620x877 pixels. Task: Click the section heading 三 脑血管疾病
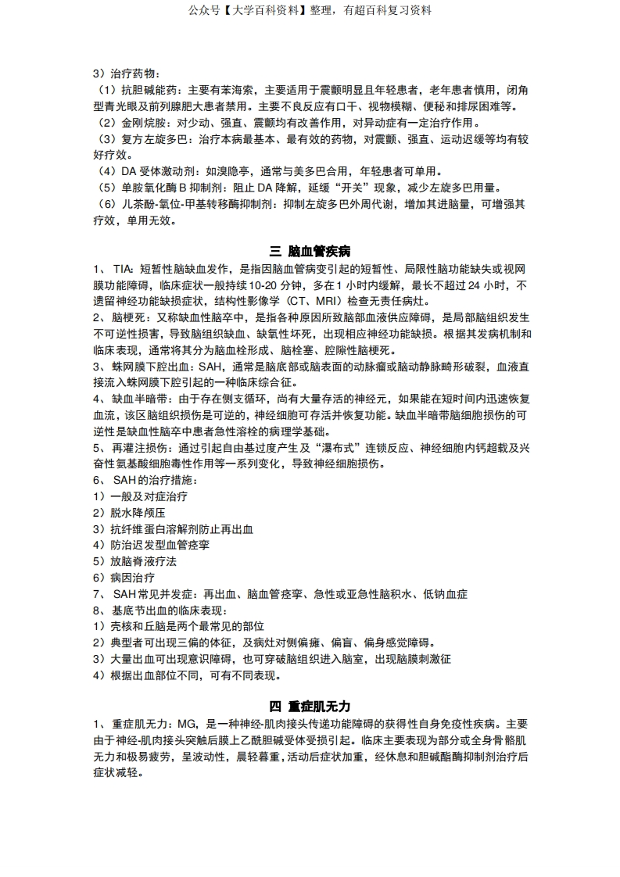pyautogui.click(x=310, y=251)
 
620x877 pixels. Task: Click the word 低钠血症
pyautogui.click(x=446, y=594)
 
